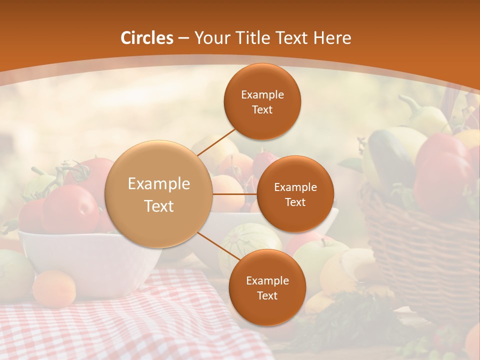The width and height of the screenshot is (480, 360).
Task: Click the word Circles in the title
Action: [147, 38]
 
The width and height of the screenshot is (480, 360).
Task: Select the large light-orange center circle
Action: [158, 194]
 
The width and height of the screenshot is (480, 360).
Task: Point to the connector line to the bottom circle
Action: [219, 246]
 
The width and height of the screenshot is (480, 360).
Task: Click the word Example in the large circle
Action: [158, 184]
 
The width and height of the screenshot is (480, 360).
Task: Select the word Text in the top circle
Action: [262, 110]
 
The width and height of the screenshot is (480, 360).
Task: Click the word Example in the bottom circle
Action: [267, 280]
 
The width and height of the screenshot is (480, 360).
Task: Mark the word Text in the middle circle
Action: [295, 202]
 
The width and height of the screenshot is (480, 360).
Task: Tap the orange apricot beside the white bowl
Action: [54, 288]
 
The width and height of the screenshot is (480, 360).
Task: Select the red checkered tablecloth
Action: [125, 320]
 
